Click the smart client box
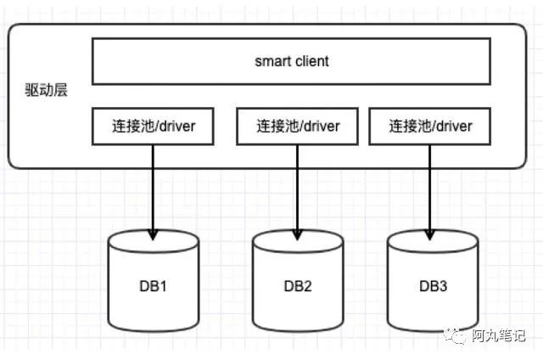(291, 62)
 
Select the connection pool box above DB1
(153, 127)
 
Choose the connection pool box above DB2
(298, 127)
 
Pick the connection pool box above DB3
(430, 127)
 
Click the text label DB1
(154, 286)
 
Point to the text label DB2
(298, 286)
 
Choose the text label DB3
(433, 286)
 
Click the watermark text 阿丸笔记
(501, 335)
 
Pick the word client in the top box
(311, 61)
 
